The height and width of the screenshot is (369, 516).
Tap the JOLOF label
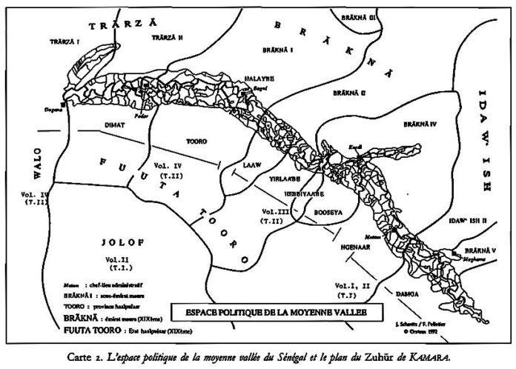117,242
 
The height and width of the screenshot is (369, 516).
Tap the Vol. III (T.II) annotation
268,216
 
